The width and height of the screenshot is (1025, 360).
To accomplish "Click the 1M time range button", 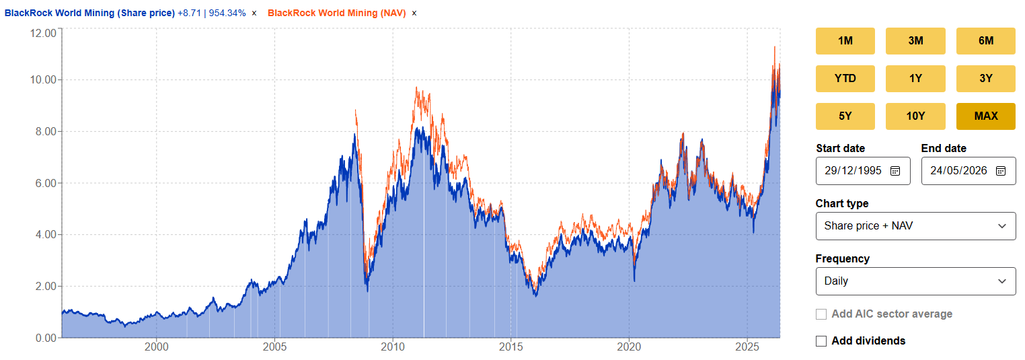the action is [845, 41].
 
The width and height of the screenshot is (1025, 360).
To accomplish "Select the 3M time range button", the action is [915, 41].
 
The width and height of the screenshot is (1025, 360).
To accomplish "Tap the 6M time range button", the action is [985, 41].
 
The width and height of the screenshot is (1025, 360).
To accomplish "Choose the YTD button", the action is [845, 78].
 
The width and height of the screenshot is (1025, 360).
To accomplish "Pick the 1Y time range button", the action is [915, 78].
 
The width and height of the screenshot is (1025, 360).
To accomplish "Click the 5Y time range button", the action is [845, 116].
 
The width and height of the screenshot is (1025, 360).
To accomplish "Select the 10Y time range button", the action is [915, 116].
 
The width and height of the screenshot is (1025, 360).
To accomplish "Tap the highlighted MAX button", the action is [985, 116].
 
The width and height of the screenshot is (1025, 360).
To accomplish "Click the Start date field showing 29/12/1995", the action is [863, 171].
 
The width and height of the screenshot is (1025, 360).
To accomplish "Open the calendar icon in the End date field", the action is [1001, 171].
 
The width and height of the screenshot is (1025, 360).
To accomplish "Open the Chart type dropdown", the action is [915, 226].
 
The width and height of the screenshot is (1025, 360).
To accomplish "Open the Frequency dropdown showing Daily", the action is [915, 281].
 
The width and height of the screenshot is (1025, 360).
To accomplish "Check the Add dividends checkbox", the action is [821, 341].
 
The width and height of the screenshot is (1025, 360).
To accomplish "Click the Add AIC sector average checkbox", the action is [821, 314].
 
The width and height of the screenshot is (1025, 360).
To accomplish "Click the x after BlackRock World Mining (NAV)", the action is [414, 13].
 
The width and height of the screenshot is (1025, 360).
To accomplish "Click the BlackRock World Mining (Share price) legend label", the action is [89, 13].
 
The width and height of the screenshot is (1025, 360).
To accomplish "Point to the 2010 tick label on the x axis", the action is [393, 347].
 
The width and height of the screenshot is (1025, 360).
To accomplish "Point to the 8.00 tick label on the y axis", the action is [46, 131].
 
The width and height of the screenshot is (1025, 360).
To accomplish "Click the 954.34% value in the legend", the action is [227, 13].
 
